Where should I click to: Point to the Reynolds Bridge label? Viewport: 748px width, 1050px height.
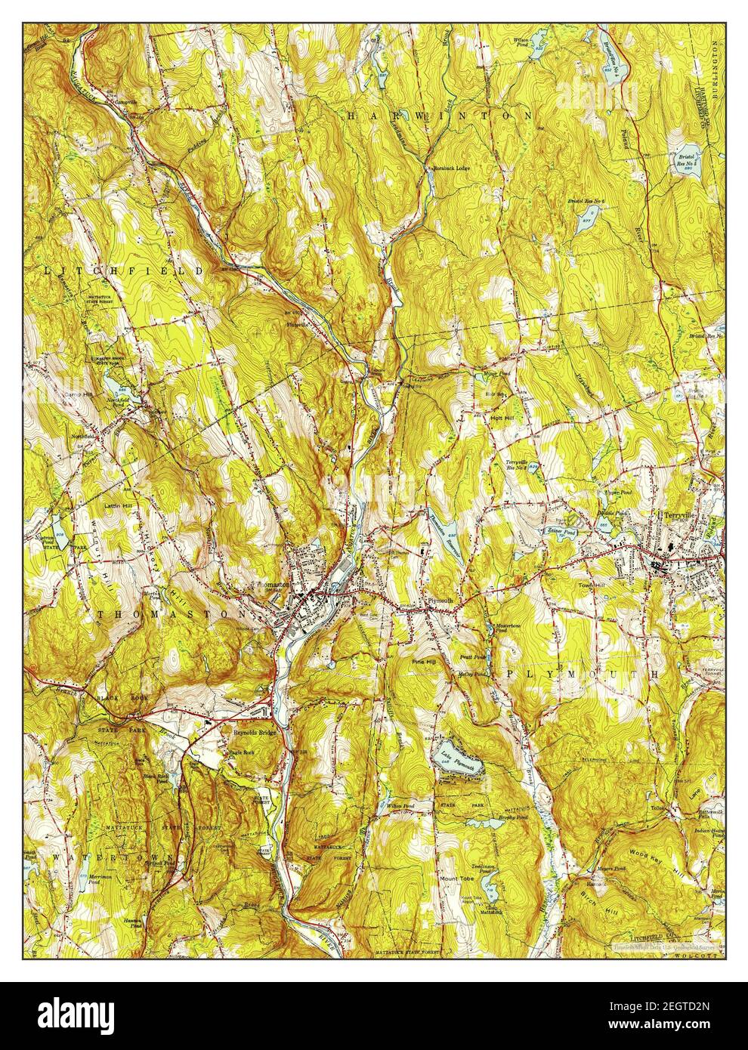coord(254,733)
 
